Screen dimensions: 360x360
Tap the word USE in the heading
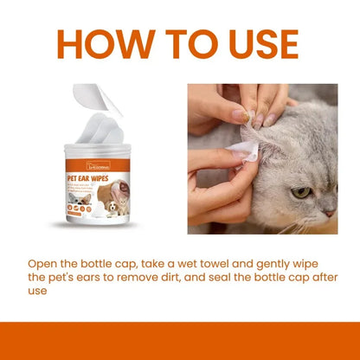(x=255, y=45)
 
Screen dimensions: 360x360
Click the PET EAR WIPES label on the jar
(x=93, y=177)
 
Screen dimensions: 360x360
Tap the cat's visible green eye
(x=300, y=192)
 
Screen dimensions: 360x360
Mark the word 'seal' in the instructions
(x=246, y=277)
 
